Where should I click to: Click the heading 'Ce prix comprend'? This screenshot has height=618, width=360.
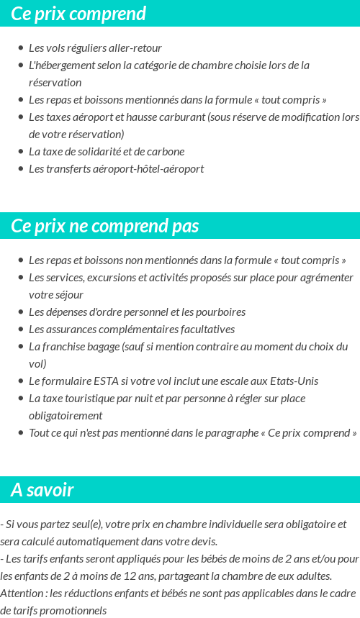tap(78, 14)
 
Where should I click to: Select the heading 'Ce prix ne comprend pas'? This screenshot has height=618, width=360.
tap(104, 226)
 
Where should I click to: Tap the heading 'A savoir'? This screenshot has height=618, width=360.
tap(42, 490)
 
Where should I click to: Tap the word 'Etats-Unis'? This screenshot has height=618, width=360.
tap(292, 381)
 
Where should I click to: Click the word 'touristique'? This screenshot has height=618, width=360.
tap(95, 399)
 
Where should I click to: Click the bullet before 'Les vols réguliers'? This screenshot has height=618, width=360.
tap(21, 48)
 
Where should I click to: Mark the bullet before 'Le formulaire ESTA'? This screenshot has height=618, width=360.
tap(21, 381)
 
